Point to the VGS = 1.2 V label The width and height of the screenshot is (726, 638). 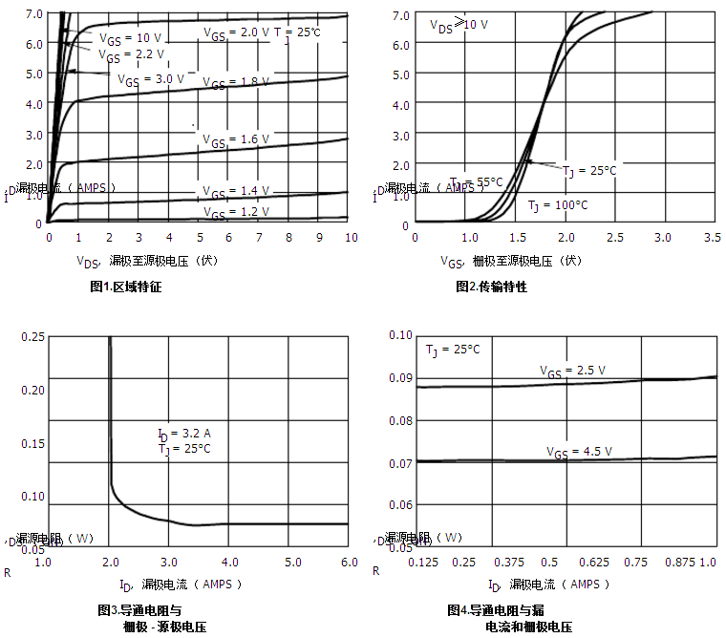pos(236,212)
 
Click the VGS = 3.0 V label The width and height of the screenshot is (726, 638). pos(151,79)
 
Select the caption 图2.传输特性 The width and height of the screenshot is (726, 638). pos(492,287)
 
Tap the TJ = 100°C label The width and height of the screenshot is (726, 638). pos(558,205)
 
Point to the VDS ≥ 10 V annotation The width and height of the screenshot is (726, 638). pos(459,24)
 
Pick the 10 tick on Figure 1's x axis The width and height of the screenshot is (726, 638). pos(352,237)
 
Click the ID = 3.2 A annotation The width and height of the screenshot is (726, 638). pos(184,434)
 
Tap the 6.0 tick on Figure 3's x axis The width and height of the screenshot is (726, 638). pos(349,562)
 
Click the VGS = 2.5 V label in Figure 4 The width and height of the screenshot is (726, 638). pos(572,370)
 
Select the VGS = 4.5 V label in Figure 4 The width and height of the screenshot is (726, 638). pos(579,452)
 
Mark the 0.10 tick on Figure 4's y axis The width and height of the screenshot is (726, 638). pos(400,335)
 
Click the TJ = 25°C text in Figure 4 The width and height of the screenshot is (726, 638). pos(453,350)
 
